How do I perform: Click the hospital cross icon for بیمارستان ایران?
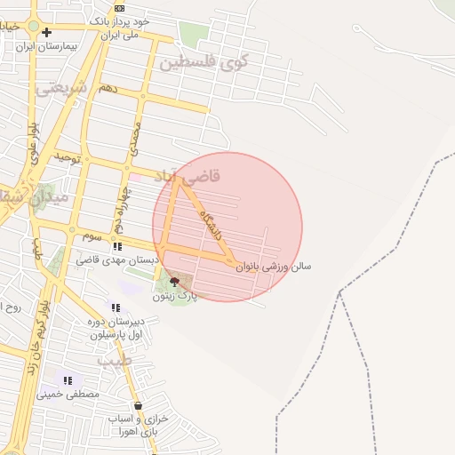[46, 33]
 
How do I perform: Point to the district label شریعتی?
[61, 88]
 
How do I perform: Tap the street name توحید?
[68, 158]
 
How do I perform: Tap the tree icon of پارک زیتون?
[172, 282]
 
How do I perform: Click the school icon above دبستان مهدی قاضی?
[116, 246]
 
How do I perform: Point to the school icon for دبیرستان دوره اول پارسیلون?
[116, 307]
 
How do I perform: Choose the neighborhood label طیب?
[115, 361]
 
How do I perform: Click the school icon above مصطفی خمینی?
[68, 380]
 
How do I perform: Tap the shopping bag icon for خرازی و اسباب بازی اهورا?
[138, 405]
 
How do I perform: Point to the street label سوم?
[92, 236]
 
